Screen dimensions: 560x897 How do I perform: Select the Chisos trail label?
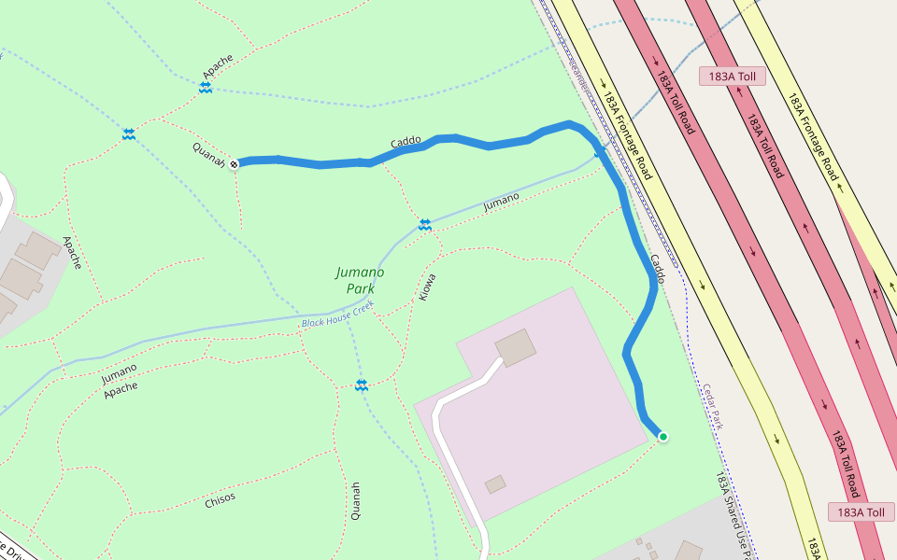coord(220,499)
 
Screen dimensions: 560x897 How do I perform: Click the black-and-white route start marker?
coord(234,164)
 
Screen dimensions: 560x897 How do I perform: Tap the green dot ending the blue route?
coord(662,436)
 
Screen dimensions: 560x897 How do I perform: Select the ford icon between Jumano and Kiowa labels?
coord(425,224)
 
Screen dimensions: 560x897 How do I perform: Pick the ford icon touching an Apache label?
coord(205,87)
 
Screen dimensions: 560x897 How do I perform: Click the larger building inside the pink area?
coord(516,347)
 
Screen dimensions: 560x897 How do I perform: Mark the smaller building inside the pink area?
coord(495,484)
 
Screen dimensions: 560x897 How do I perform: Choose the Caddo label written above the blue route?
coord(406,143)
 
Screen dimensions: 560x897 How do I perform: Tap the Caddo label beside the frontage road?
coord(657,269)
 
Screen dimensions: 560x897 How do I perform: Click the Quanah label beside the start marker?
coord(208,155)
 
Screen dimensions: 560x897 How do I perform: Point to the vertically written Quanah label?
coord(355,500)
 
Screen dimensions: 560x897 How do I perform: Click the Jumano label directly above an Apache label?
coord(119,372)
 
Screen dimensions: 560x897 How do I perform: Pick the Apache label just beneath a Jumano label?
coord(121,387)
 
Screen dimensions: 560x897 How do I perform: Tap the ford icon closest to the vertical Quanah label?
coord(361,385)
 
